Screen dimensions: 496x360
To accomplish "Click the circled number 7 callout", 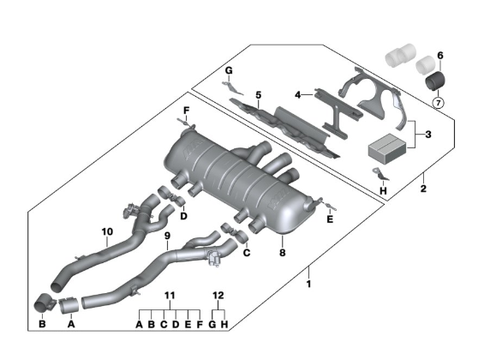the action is coord(439,103).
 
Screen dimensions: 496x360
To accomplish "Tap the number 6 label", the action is coord(440,56).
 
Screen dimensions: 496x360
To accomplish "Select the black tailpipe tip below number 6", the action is coord(435,81).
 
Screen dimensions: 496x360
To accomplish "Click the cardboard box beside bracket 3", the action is coord(387,148).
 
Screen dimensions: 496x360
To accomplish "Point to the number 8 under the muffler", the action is coord(282,252).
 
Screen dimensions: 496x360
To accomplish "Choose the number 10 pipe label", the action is coord(107,231).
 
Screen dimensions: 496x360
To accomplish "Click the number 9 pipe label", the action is coord(167,236).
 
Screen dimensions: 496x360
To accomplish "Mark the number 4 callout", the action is coord(297,94).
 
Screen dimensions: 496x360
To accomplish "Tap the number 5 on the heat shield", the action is coord(259,94).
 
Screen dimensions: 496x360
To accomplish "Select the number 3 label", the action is coord(428,135).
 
